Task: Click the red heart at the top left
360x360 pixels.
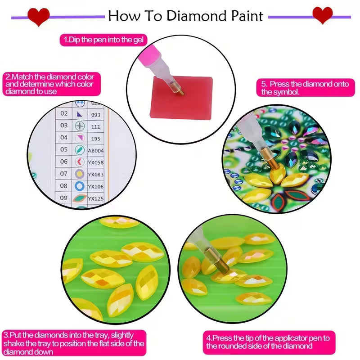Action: [39, 16]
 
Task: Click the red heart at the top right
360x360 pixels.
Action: [323, 15]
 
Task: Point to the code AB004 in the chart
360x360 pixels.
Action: [95, 150]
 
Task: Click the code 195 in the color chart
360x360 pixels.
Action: [95, 138]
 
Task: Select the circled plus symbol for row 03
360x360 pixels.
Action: [79, 126]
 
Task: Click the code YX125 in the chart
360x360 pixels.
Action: [95, 198]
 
